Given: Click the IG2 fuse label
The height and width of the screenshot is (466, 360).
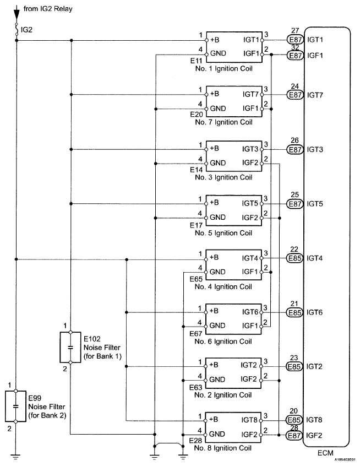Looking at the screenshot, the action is point(26,30).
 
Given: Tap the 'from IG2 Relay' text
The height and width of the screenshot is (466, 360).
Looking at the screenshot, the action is point(48,9).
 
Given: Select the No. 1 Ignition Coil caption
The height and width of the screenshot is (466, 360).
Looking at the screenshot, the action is point(223,69).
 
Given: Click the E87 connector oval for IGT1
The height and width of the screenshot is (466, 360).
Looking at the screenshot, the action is point(296,40).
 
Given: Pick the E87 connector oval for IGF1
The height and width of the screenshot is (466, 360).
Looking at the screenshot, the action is point(296,55).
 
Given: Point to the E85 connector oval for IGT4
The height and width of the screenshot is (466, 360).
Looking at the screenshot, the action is point(294,258).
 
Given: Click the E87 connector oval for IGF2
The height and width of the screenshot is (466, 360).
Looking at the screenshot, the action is point(294,435).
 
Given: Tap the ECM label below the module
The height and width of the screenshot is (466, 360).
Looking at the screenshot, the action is point(325,453).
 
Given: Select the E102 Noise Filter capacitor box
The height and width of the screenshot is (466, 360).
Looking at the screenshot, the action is point(70,347).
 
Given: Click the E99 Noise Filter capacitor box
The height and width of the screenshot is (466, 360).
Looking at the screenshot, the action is point(16,406).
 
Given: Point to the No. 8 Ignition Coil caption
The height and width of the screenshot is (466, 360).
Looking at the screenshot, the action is point(223,448).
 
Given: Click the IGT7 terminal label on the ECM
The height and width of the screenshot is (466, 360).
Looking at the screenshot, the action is point(315,95).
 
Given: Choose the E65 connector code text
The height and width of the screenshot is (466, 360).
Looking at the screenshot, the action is point(196,279).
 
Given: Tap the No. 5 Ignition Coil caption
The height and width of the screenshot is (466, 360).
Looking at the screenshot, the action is point(223,233).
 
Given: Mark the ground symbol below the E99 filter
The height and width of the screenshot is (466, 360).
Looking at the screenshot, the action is point(16,457).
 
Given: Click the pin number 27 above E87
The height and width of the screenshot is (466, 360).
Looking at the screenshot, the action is point(295,31).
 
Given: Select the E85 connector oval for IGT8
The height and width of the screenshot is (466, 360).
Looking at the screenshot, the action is point(294,420).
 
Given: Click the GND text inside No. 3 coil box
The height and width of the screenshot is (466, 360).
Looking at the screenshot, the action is point(218,163).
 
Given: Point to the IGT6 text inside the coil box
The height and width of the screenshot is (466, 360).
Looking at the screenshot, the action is point(250,312).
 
